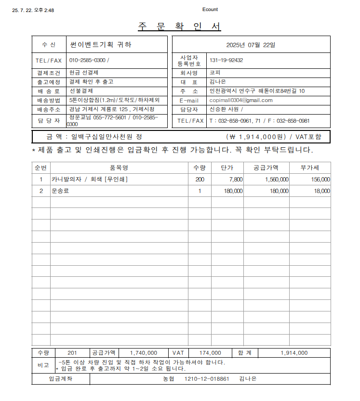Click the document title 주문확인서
click(x=179, y=26)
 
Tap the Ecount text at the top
click(x=210, y=10)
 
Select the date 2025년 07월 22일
click(x=251, y=45)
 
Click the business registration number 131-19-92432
click(x=226, y=61)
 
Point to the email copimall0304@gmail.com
click(x=241, y=100)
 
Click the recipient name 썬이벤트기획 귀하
click(x=101, y=45)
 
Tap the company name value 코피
click(x=215, y=73)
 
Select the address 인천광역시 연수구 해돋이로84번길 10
click(x=257, y=91)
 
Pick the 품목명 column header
click(x=119, y=168)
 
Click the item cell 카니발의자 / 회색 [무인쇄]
click(x=90, y=179)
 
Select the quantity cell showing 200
click(x=199, y=179)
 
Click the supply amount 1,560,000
click(x=277, y=179)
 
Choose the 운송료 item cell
click(x=61, y=191)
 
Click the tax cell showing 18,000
click(x=322, y=191)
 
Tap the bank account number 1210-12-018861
click(x=207, y=379)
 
